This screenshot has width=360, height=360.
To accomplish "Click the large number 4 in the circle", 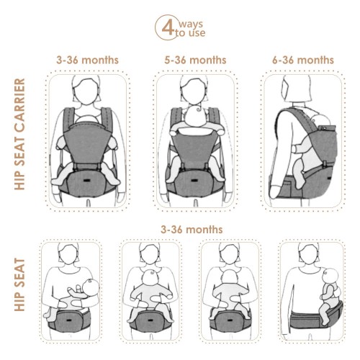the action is pos(168,27).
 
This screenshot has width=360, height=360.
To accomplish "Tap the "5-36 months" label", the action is pos(195,60).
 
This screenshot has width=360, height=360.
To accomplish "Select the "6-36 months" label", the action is pos(303,60).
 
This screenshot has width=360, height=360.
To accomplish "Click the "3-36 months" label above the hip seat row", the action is pos(192,230).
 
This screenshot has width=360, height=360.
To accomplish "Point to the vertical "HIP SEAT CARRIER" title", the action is pos(19,134).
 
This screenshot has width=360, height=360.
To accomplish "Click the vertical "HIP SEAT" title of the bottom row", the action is pos(19,284).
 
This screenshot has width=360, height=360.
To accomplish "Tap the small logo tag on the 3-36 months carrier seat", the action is pos(86,180).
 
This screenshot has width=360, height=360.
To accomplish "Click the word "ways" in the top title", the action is pos(191,24).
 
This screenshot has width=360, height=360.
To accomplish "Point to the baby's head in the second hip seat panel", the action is pos(150,279).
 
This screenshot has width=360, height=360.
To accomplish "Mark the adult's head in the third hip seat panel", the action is pos(230,254).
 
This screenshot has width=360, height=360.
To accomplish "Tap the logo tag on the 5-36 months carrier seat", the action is pos(194,180).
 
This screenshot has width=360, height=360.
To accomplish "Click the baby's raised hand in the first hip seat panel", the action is pos(78,287).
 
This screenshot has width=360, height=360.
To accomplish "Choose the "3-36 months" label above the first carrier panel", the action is pos(87,60).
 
